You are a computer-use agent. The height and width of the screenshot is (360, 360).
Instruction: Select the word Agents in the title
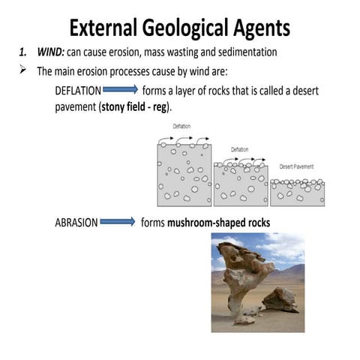(262, 28)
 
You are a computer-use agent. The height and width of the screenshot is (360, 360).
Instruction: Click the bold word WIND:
(51, 52)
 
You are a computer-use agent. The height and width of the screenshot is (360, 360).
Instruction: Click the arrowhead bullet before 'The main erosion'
(23, 71)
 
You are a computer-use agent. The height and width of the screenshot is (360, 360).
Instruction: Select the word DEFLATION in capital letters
(77, 90)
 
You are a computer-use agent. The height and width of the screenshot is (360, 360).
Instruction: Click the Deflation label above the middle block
(239, 150)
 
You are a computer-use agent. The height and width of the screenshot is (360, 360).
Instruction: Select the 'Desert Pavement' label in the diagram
(295, 166)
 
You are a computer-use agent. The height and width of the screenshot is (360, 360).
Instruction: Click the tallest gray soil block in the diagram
(183, 175)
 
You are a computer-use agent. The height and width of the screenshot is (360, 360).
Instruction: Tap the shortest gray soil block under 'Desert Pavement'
(297, 194)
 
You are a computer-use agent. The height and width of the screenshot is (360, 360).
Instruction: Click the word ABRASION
(76, 223)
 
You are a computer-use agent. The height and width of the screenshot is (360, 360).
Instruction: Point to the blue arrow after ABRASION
(118, 223)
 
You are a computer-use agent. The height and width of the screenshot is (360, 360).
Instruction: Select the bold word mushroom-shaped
(209, 223)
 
